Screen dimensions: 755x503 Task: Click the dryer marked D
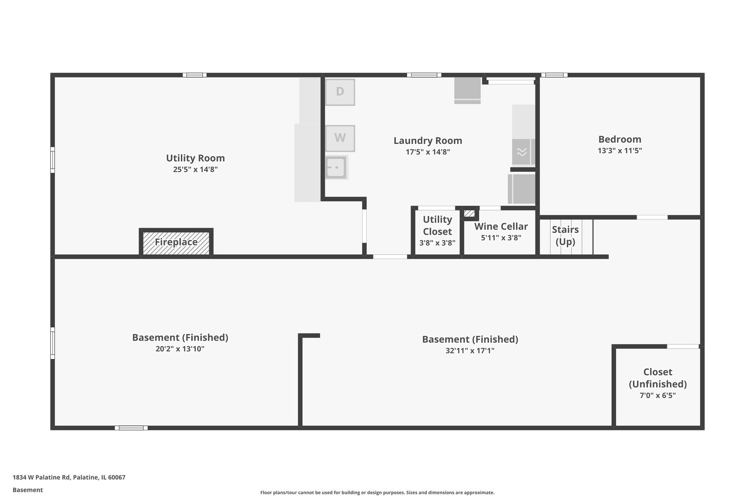(340, 92)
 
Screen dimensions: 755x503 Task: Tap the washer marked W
(340, 138)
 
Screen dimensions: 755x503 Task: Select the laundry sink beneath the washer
(336, 167)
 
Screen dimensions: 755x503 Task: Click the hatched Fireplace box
(176, 242)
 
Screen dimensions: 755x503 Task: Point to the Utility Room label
(195, 158)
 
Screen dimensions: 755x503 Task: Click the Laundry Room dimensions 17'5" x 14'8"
(428, 152)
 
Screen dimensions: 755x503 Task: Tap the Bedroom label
(619, 139)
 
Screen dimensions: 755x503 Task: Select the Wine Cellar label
(501, 226)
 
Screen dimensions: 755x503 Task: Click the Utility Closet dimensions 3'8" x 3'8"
(437, 243)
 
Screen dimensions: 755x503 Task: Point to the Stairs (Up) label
(565, 235)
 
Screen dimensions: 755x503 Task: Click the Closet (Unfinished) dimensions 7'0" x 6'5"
(658, 395)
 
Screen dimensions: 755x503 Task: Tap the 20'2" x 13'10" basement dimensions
(180, 349)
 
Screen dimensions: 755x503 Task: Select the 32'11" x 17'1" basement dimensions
(470, 350)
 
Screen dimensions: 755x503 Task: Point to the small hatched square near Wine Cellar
(469, 213)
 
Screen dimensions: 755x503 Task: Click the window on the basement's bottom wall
(131, 428)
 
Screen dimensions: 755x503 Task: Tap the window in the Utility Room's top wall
(194, 75)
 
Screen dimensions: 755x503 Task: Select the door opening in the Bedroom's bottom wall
(652, 218)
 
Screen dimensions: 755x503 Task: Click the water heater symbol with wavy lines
(522, 152)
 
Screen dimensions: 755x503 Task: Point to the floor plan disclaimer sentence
(377, 493)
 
